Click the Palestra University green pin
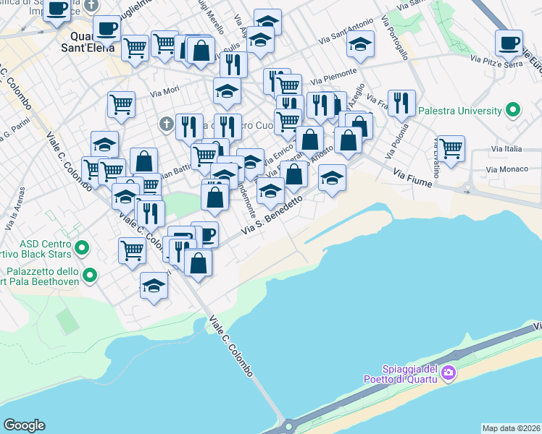514,111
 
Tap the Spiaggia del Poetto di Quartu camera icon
449,373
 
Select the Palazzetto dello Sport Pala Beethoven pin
90,275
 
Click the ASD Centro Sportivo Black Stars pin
81,249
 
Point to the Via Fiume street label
412,176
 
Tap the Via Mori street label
164,92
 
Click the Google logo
24,425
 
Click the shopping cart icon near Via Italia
451,148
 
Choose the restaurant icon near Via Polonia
401,103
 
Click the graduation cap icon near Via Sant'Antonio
360,44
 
